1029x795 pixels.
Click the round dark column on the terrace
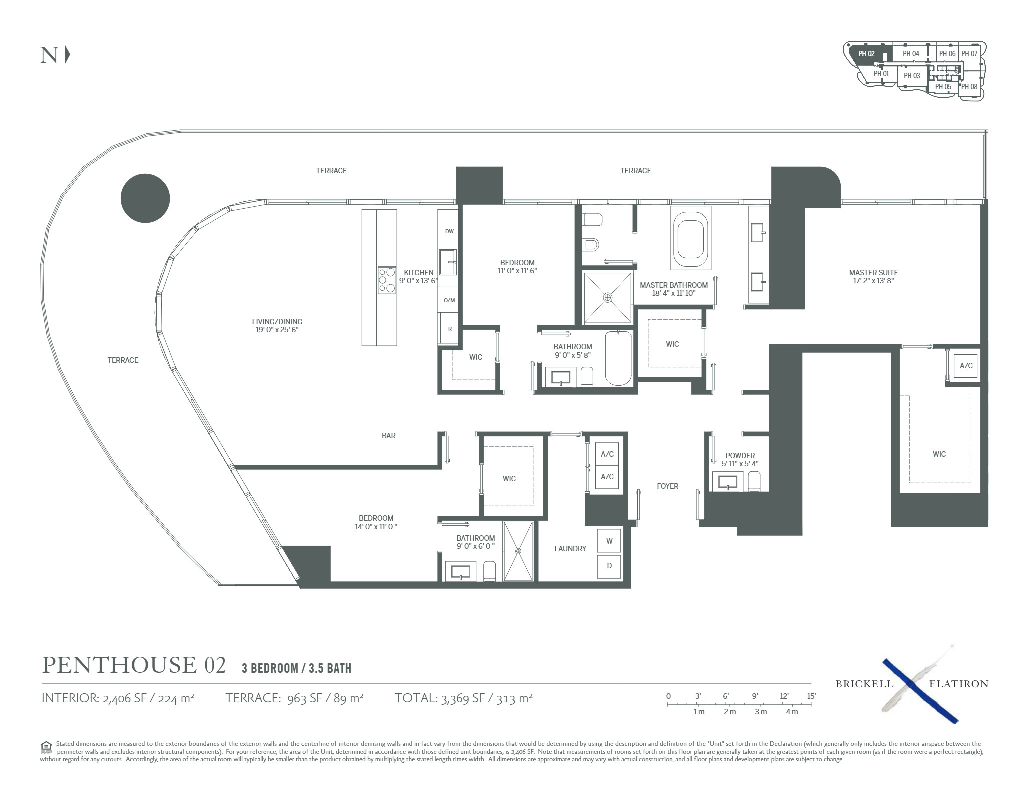coord(145,198)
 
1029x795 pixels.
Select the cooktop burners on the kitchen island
coord(387,280)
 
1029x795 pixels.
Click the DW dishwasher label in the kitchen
coord(449,231)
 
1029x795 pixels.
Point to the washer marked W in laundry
coord(609,541)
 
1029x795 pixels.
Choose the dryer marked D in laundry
coord(609,566)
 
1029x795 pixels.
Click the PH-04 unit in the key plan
coord(911,54)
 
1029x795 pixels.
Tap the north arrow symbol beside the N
coord(67,55)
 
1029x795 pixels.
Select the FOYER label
coord(667,486)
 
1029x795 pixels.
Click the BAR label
coord(388,436)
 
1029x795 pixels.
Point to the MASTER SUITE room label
coord(873,273)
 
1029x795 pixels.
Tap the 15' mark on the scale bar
coord(811,696)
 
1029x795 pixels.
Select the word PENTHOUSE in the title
coord(119,665)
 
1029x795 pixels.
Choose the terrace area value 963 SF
coord(303,698)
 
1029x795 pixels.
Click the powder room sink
coord(728,482)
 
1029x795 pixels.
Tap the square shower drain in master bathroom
coord(608,298)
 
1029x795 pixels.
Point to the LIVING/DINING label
coord(277,322)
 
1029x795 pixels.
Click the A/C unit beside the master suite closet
coord(966,366)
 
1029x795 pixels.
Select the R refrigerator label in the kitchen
coord(450,329)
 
